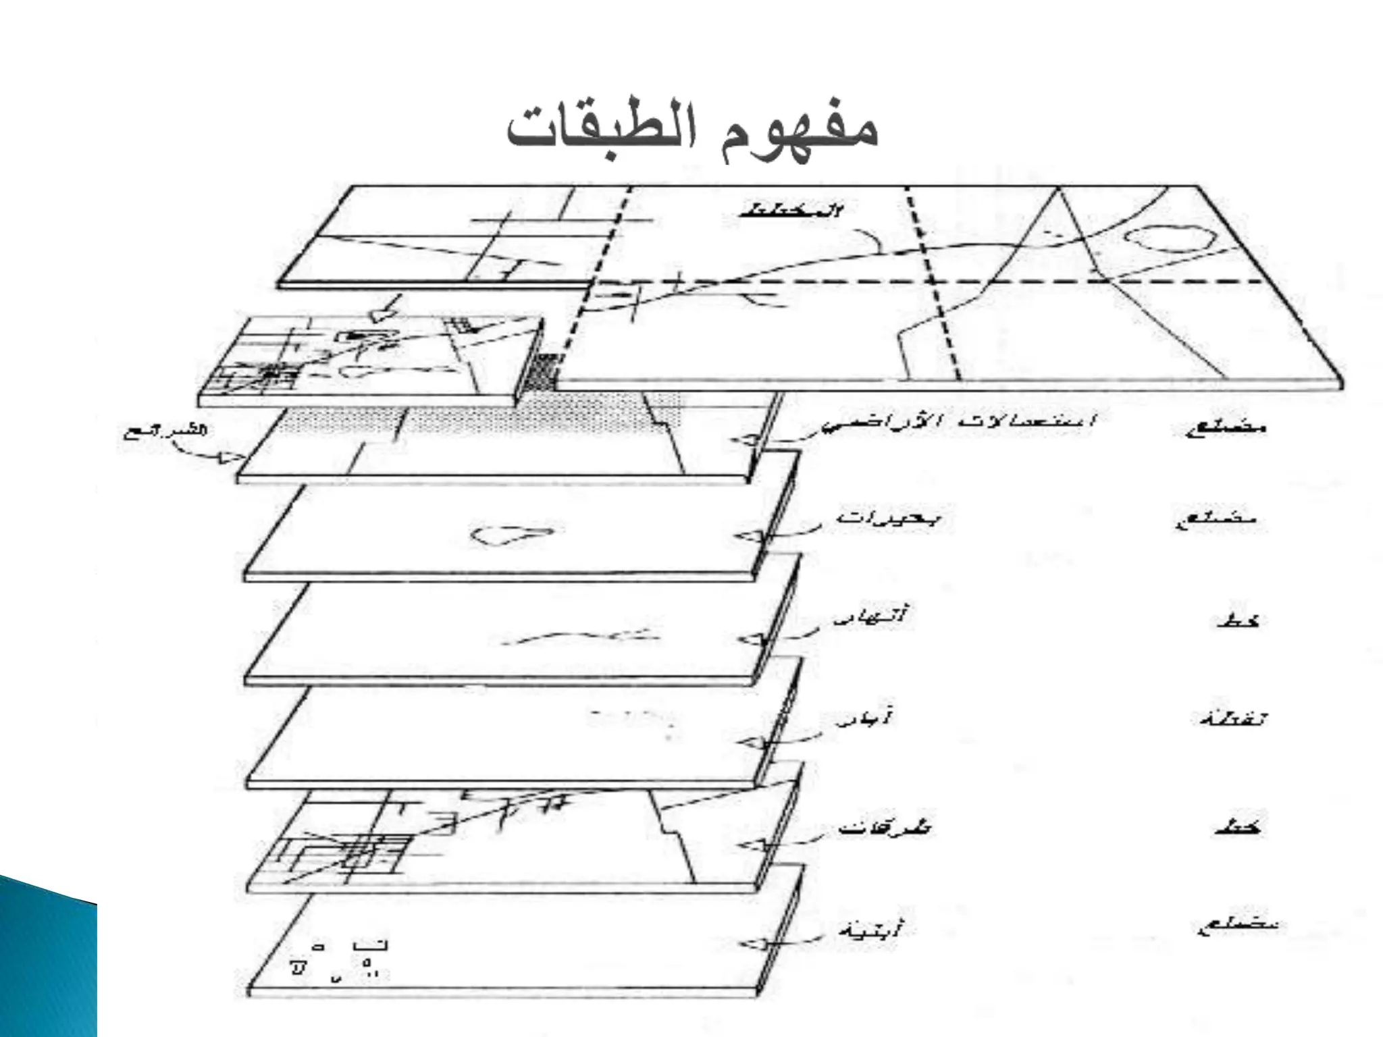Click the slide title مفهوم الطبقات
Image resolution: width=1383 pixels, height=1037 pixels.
[x=693, y=128]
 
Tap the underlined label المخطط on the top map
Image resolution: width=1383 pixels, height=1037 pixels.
[x=790, y=210]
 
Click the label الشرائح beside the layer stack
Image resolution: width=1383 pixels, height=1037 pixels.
[x=165, y=431]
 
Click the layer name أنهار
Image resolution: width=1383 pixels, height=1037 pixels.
[x=871, y=617]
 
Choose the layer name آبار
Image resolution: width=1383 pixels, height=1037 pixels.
[x=864, y=718]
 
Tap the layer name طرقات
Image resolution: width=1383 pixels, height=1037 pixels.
[x=883, y=826]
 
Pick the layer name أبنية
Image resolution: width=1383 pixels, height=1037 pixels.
[x=868, y=929]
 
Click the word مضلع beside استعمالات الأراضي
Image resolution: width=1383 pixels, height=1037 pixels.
[x=1227, y=427]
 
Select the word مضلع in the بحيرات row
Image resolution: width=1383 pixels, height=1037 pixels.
[x=1220, y=520]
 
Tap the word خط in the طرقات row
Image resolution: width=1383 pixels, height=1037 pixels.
[x=1237, y=826]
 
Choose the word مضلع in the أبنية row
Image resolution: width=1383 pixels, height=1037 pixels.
[x=1234, y=927]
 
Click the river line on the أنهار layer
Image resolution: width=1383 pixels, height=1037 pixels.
[x=574, y=635]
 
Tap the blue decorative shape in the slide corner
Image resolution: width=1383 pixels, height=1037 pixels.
[x=47, y=959]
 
